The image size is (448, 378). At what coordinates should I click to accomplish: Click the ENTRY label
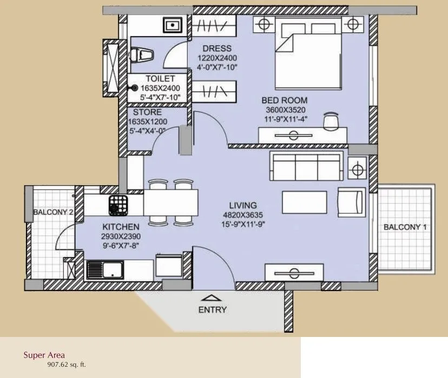click(213, 310)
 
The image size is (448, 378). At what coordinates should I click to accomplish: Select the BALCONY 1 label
click(405, 227)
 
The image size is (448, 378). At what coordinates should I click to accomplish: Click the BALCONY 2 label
click(53, 212)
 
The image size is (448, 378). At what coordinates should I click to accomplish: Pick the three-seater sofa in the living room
click(306, 166)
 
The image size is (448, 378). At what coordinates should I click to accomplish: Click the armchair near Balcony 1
click(351, 202)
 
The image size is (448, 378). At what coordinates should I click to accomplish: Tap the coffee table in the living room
click(304, 202)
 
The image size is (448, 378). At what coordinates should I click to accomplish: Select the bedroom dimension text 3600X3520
click(284, 110)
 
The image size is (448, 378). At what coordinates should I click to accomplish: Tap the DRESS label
click(216, 48)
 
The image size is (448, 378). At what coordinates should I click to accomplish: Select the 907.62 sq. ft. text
click(67, 364)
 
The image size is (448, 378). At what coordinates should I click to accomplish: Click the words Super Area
click(44, 355)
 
